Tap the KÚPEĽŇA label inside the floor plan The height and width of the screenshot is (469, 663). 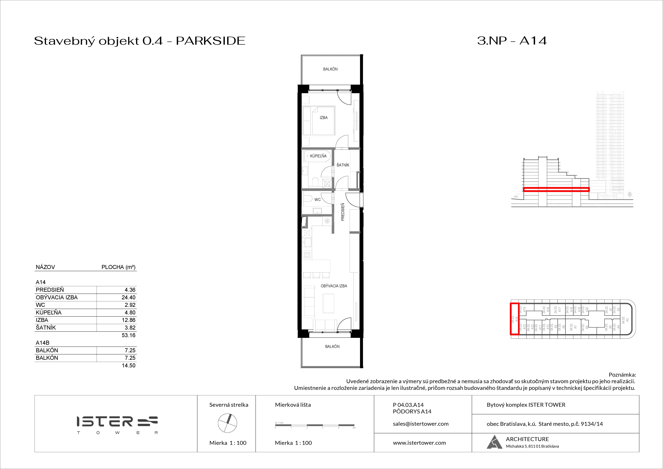tap(318, 156)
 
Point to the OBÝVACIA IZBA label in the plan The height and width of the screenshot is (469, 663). tap(334, 286)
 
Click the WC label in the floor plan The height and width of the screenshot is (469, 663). tap(317, 200)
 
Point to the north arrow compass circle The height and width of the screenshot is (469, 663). tap(227, 423)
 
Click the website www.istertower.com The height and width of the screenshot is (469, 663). tap(419, 443)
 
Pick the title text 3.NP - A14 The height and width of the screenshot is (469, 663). tap(512, 41)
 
